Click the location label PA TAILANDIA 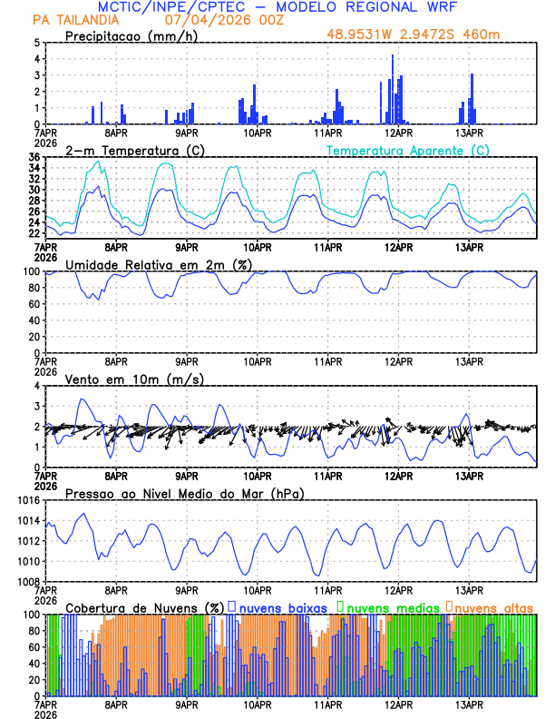(73, 20)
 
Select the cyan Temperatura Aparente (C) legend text (407, 150)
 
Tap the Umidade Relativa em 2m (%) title (157, 264)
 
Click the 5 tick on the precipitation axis (37, 43)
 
